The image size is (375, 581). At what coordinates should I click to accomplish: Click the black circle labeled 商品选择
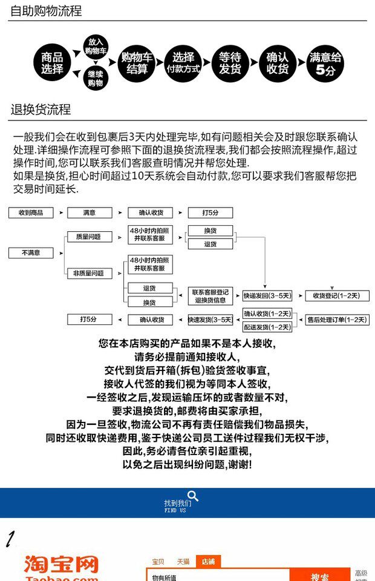pos(52,63)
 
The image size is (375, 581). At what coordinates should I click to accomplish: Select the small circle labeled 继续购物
pos(96,79)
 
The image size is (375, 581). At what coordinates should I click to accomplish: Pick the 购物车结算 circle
pos(137,63)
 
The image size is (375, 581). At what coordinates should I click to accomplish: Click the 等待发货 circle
pos(230,63)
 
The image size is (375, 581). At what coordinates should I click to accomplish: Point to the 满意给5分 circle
pos(325,63)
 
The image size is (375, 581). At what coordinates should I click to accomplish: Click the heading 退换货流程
pos(41,110)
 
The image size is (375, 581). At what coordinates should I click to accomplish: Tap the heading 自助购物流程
pos(46,11)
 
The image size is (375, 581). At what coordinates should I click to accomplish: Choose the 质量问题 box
pos(89,237)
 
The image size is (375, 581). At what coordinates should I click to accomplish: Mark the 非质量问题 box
pos(89,273)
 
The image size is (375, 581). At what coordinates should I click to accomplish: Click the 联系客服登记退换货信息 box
pos(210,296)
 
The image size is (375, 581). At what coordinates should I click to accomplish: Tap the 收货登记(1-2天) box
pos(336,295)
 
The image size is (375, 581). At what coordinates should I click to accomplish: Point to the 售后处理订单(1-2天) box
pos(336,320)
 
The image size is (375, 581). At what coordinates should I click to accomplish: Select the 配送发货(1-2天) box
pos(267,327)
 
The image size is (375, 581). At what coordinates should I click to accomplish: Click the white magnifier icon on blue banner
pos(193,497)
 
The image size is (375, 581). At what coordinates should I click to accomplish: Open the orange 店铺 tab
pos(208,562)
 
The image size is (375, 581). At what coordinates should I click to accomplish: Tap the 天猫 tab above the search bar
pos(183,562)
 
